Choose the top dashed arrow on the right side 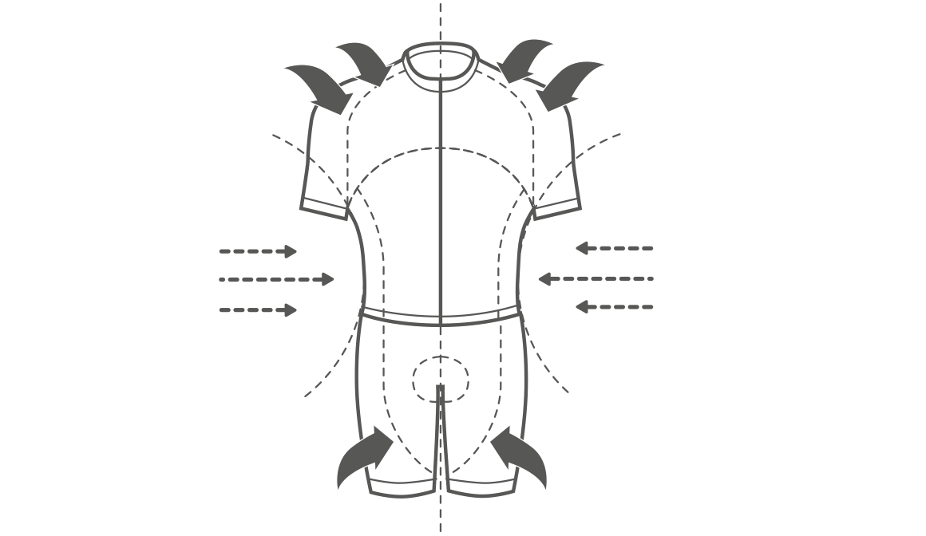coord(614,249)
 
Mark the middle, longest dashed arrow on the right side coord(596,279)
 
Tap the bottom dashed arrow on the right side coord(614,307)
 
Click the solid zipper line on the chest coord(441,199)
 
